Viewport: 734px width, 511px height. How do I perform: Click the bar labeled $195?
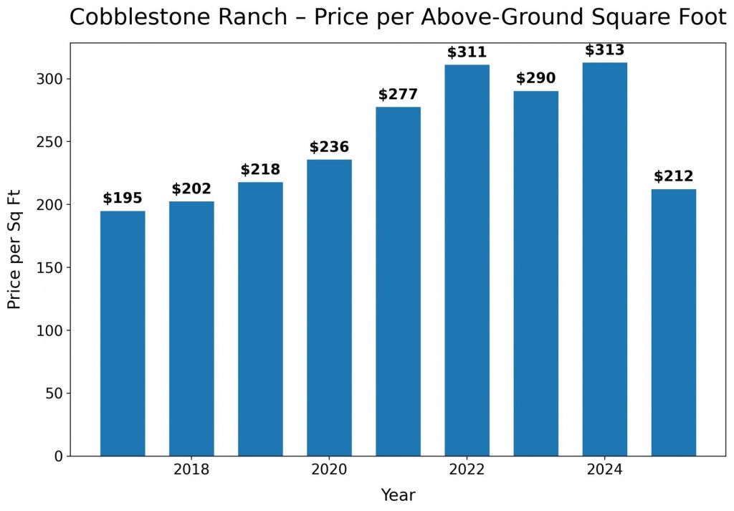click(123, 333)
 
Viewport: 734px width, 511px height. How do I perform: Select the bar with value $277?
click(398, 281)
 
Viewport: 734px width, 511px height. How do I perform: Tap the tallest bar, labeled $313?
click(604, 259)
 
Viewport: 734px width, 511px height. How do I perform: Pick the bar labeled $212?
click(673, 323)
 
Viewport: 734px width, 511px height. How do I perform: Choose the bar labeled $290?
click(535, 273)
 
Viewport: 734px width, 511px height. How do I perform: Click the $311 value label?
click(467, 52)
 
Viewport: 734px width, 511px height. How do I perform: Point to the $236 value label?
click(329, 147)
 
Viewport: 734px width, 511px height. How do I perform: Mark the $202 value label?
click(191, 189)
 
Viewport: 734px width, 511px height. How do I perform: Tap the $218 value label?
click(260, 170)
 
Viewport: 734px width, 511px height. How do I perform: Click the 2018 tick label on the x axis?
click(191, 470)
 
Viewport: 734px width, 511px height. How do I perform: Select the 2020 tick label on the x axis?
click(329, 470)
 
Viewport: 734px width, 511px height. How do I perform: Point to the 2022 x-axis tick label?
click(467, 470)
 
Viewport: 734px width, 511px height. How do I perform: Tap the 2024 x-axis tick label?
click(604, 470)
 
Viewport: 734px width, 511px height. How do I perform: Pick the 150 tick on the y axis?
click(49, 267)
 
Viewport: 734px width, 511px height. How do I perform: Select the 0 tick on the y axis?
click(58, 457)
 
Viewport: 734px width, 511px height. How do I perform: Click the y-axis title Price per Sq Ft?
click(14, 249)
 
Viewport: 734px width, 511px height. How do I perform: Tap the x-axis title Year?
click(398, 495)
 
